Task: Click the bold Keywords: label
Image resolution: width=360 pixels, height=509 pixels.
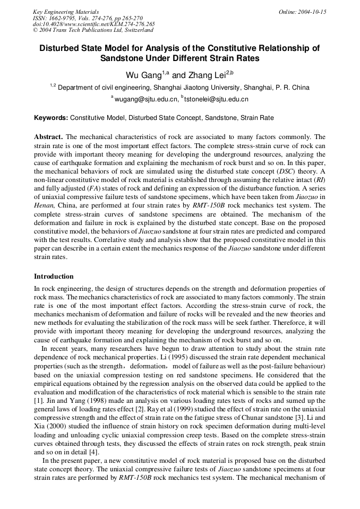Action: [51, 118]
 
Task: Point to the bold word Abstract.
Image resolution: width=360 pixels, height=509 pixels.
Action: [48, 137]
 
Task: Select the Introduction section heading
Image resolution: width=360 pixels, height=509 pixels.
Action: [54, 277]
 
